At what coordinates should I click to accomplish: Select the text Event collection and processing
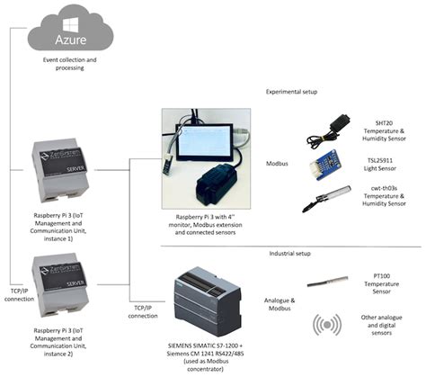[x=68, y=65]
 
